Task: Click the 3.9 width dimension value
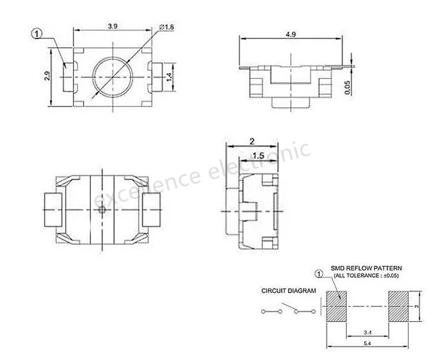pos(113,26)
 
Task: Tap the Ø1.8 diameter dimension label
pos(166,27)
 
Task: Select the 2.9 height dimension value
pos(47,76)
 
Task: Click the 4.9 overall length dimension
pos(291,35)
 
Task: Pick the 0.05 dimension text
pos(347,88)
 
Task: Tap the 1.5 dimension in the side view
pos(258,156)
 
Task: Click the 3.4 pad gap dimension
pos(367,333)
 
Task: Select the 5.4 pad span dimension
pos(367,344)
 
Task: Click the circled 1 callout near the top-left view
pos(36,34)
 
